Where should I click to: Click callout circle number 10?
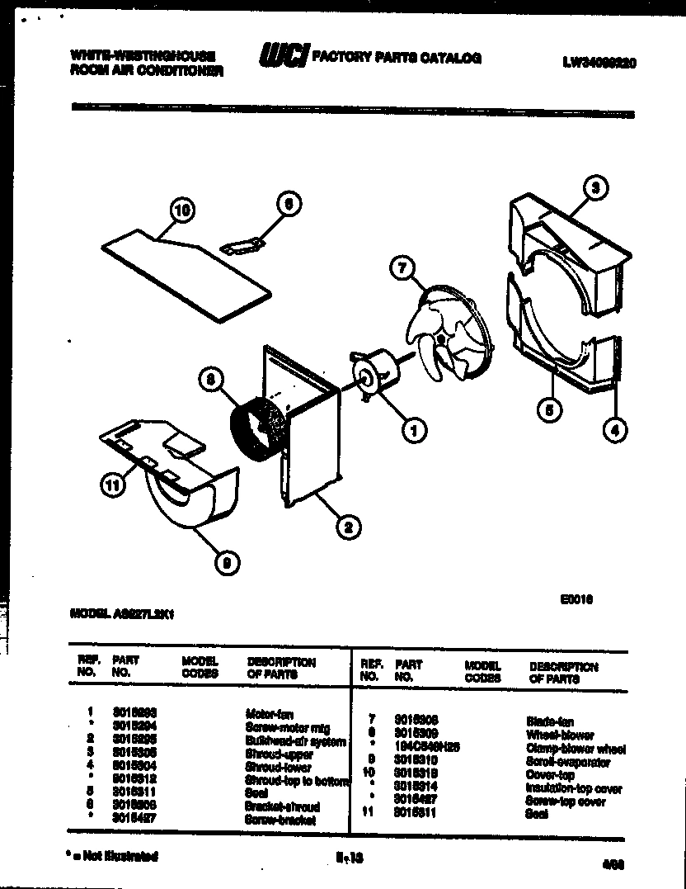181,211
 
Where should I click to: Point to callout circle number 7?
401,268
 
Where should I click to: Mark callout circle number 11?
110,486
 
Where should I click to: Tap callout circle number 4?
613,428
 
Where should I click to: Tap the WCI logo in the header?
283,55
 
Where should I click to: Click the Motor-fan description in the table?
269,712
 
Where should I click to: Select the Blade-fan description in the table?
545,721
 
